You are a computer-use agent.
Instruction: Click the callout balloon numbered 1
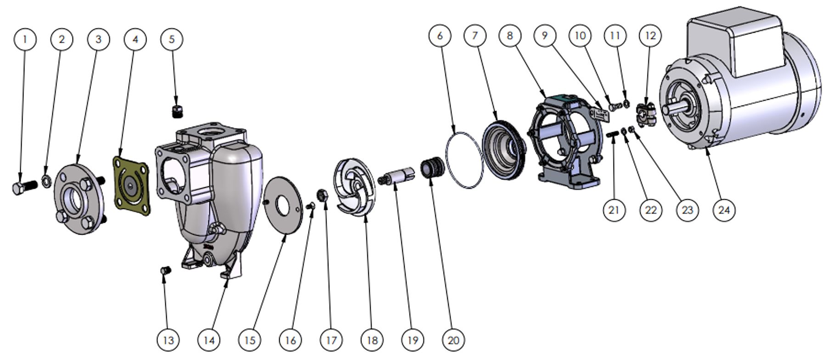coord(25,39)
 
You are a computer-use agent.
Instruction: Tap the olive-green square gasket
coord(130,186)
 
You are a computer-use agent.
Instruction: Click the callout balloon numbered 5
coord(171,39)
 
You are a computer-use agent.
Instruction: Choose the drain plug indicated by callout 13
coord(166,270)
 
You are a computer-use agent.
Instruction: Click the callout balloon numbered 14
coord(208,340)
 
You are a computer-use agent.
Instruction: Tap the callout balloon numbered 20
coord(453,340)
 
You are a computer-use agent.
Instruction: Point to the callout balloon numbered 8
coord(510,35)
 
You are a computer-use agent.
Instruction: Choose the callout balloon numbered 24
coord(724,210)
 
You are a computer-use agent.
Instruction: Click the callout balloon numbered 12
coord(650,35)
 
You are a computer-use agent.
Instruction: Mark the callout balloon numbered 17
coord(331,340)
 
